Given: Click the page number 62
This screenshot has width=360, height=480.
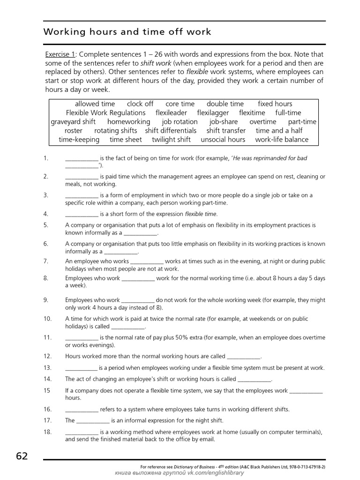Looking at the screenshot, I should coord(22,456).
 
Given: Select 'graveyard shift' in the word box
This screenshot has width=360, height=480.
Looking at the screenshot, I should coord(73,122).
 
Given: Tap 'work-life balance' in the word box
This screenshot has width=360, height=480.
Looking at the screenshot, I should coord(282,140).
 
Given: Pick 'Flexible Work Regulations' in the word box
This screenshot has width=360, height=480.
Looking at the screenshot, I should coord(105,113).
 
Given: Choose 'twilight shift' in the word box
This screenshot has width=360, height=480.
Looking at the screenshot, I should coord(171,140).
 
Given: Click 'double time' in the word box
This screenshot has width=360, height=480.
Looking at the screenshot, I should coord(225,104).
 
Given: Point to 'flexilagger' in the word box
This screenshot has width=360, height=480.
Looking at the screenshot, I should coord(213,113).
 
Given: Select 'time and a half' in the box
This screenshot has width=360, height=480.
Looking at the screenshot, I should coord(279,131).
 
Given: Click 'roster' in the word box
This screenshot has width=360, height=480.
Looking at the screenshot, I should coord(73,131).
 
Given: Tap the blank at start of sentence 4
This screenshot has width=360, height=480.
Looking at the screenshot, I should coord(82,214).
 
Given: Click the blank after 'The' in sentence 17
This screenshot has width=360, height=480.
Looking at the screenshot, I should coord(92,420).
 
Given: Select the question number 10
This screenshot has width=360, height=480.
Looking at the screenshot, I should coord(47,319).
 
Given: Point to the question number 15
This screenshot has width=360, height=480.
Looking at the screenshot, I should coord(47,390).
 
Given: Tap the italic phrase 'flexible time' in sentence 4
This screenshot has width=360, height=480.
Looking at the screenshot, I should coord(201,214).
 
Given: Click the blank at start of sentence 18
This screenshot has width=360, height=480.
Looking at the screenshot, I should coord(82,432).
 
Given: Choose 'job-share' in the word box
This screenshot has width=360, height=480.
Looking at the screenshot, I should coord(224,122).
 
